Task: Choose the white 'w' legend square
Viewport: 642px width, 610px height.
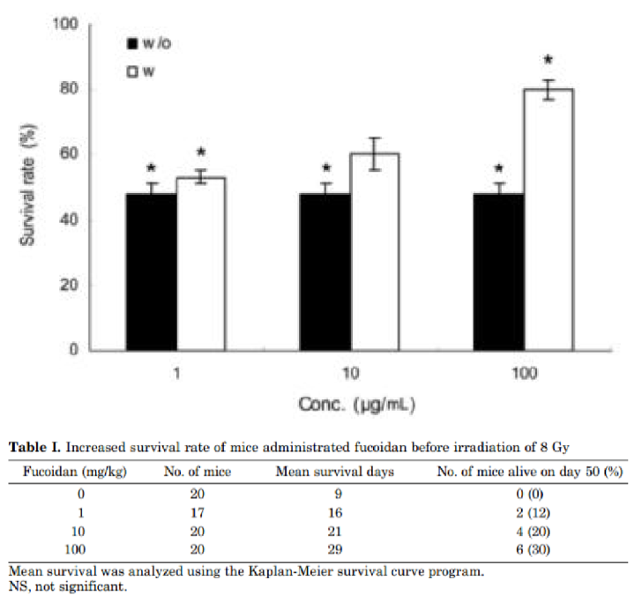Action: coord(132,72)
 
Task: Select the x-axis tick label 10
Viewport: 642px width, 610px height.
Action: coord(350,375)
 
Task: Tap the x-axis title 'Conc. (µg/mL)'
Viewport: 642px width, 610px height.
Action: coord(357,405)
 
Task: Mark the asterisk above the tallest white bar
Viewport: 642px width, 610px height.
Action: coord(549,61)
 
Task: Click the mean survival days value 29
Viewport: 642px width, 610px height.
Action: coord(337,547)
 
